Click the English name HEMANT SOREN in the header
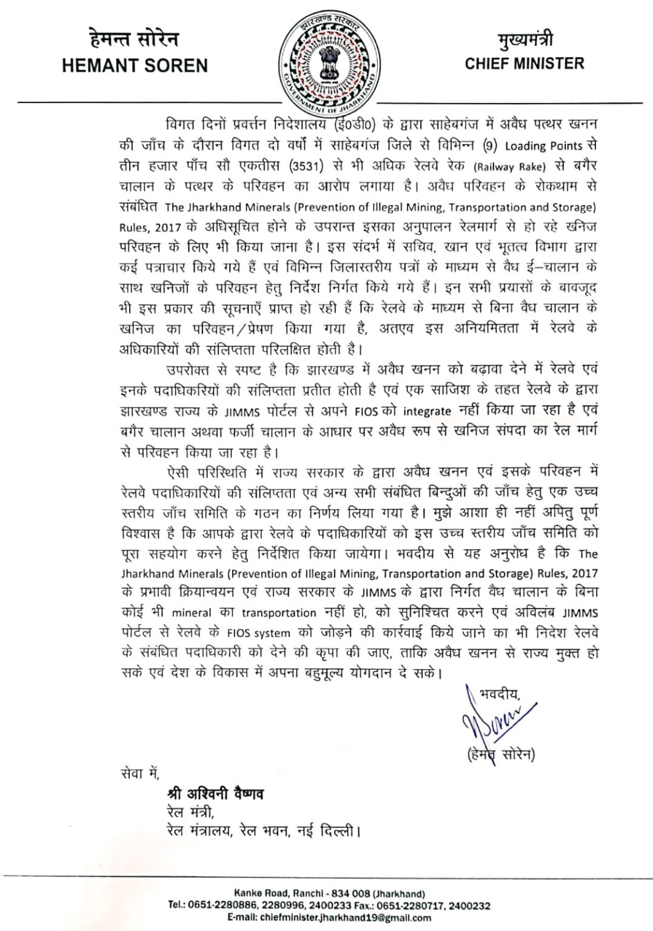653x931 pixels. click(x=135, y=65)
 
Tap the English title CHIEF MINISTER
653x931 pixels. click(x=524, y=63)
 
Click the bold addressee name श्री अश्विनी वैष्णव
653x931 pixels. click(x=215, y=793)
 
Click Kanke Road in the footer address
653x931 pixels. click(x=257, y=893)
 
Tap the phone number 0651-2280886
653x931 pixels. click(x=226, y=906)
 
